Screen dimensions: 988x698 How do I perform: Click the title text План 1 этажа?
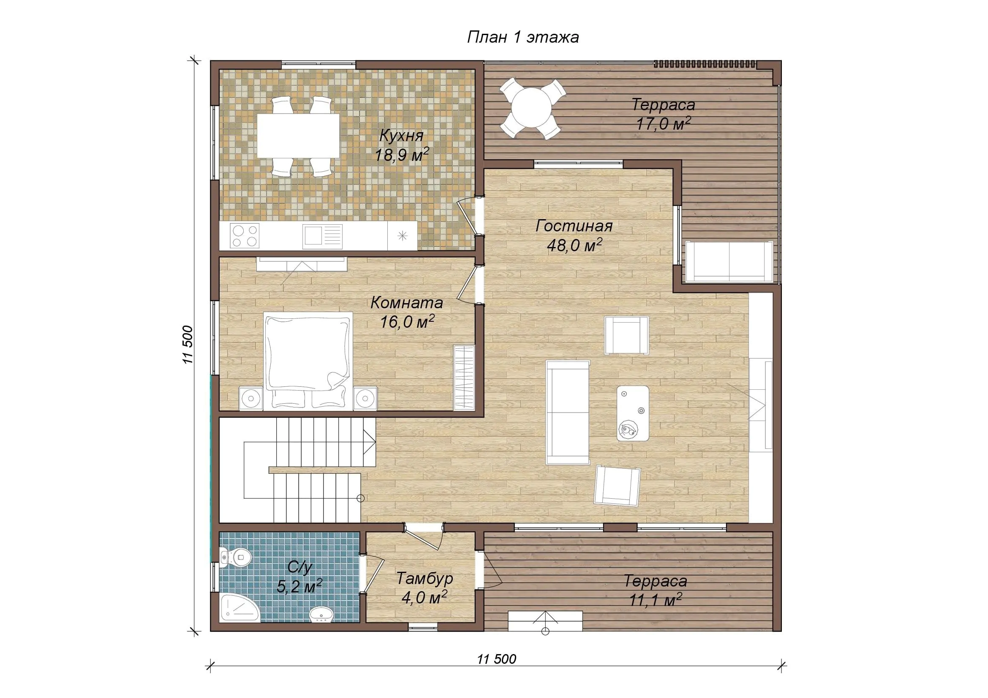point(523,38)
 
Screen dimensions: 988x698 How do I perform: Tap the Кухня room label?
point(401,136)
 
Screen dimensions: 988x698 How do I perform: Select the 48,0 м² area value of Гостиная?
point(574,245)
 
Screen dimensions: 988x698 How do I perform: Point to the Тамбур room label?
point(424,578)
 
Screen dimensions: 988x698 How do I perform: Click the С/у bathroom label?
point(299,567)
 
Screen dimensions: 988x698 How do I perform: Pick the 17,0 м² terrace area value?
point(663,124)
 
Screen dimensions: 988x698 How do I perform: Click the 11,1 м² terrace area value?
point(656,600)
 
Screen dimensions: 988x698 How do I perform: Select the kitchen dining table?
point(298,135)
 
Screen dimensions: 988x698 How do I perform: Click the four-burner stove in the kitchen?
point(245,236)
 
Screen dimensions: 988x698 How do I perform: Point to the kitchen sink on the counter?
point(322,236)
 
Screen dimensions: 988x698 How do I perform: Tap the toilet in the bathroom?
point(234,558)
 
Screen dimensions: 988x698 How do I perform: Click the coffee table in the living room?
point(633,413)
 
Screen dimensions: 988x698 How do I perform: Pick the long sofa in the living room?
point(568,413)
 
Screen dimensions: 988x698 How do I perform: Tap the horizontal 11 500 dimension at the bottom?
point(497,659)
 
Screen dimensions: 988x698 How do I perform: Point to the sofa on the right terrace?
point(729,261)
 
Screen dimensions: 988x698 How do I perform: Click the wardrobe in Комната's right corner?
point(464,378)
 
